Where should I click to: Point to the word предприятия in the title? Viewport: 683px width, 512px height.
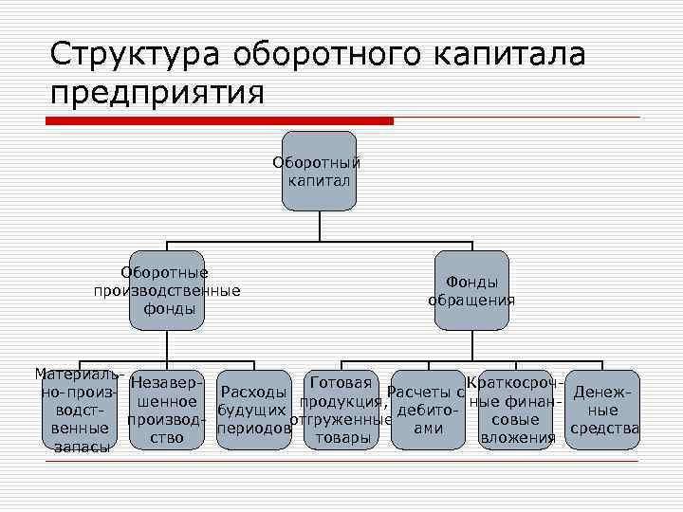(x=157, y=94)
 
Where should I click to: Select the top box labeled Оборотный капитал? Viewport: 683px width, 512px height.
(x=319, y=172)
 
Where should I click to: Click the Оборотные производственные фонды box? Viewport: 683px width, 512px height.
(x=167, y=290)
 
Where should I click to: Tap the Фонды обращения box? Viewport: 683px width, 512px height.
(x=471, y=290)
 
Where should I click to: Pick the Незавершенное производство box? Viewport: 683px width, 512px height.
(x=167, y=410)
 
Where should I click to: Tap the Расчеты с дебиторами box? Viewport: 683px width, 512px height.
(x=428, y=410)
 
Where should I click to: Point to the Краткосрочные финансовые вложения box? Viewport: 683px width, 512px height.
(x=516, y=410)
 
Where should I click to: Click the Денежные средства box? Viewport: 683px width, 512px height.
(x=603, y=410)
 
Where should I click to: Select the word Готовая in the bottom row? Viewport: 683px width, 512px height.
(x=340, y=383)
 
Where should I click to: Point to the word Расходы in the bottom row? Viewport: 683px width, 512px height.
(x=252, y=393)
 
